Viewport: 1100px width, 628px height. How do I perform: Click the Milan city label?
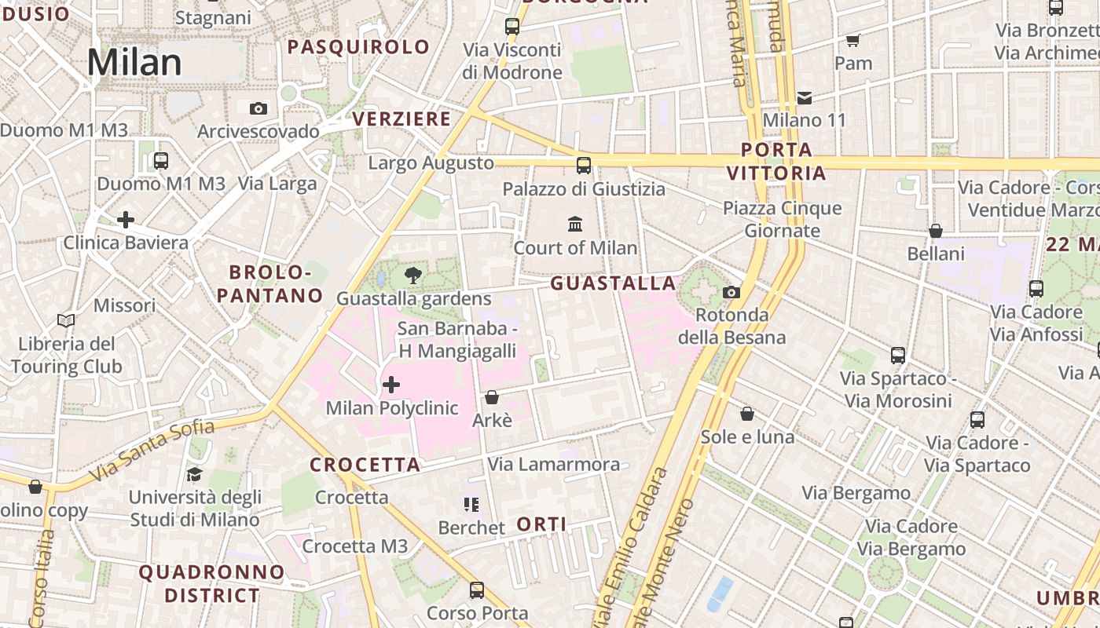(x=134, y=63)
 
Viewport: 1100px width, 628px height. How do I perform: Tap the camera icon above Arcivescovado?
(x=258, y=108)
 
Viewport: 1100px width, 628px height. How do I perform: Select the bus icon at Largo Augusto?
(x=583, y=165)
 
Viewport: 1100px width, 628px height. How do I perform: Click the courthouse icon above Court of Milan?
(x=575, y=225)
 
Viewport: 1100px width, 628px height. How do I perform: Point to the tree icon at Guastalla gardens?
(x=412, y=276)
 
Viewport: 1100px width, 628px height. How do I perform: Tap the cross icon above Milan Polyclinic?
(x=390, y=385)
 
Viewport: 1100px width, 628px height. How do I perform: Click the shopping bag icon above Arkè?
(x=492, y=397)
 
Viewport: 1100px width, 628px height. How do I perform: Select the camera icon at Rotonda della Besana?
(x=731, y=292)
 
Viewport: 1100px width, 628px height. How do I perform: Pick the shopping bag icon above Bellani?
(x=935, y=231)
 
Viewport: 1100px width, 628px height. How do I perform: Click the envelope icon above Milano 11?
(x=805, y=98)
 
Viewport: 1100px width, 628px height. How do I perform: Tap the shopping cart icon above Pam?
(x=853, y=40)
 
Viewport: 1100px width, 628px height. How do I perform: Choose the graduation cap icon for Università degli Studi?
(x=194, y=474)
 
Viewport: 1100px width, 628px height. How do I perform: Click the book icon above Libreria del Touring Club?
(x=66, y=320)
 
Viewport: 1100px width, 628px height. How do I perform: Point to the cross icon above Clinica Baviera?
(x=125, y=220)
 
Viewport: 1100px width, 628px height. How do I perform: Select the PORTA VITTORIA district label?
(x=776, y=161)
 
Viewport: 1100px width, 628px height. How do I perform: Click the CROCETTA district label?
(x=365, y=465)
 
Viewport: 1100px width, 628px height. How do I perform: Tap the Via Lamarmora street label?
(x=553, y=464)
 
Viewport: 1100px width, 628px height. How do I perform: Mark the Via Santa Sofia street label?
(x=152, y=451)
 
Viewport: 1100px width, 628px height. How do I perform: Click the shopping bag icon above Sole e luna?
(x=747, y=413)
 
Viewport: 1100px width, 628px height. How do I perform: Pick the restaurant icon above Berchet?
(x=471, y=504)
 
